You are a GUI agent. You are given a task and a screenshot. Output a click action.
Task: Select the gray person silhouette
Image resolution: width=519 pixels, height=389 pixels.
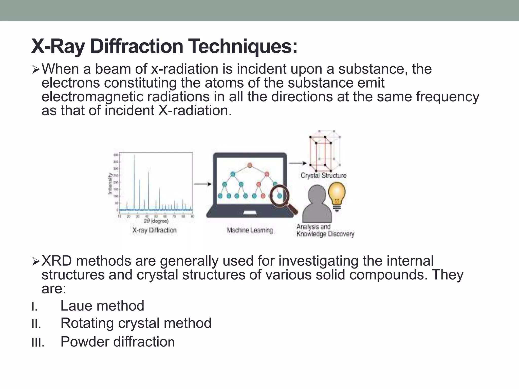point(317,204)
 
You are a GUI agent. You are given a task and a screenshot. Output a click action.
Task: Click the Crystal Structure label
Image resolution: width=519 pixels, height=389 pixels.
point(323,175)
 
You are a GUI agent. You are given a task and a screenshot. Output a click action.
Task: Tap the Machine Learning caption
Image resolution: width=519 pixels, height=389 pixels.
point(250,230)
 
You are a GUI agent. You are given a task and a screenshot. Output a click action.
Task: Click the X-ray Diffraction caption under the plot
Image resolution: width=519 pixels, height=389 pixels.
point(154,230)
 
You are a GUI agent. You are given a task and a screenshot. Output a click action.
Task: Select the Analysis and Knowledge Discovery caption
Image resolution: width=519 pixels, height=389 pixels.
point(325,230)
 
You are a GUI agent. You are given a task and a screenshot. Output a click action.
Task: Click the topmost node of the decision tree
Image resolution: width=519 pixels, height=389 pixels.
point(250,165)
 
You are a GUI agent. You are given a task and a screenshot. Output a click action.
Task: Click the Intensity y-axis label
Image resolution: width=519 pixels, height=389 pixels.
point(110,184)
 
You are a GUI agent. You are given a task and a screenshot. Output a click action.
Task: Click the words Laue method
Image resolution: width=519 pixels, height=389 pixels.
point(102,306)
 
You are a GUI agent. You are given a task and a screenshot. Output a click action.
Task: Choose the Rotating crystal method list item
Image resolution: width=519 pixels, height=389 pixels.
point(136,323)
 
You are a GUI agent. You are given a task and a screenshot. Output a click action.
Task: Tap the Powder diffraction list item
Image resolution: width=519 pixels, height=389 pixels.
point(118,342)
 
